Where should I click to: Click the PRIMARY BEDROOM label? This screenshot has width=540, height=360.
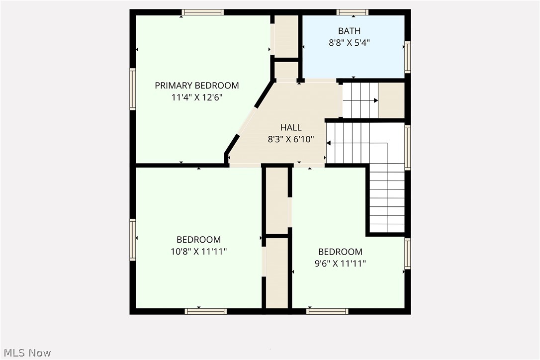[196, 86]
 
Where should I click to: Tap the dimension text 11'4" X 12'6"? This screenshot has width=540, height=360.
[196, 97]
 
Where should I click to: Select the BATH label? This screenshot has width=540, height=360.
[349, 31]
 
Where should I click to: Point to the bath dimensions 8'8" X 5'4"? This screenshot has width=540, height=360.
[349, 43]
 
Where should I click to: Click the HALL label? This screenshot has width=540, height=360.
[291, 128]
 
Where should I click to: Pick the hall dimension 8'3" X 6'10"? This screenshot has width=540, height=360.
[291, 140]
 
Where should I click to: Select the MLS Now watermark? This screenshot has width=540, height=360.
[26, 353]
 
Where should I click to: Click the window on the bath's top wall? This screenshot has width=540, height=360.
[352, 12]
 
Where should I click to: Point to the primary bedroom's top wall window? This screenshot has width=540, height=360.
[202, 12]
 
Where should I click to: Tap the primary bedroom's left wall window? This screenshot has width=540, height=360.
[133, 89]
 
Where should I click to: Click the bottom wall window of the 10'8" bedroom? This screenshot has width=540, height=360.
[205, 311]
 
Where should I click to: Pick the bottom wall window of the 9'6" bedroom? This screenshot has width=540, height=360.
[327, 311]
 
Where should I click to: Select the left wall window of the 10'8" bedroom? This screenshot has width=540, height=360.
[133, 239]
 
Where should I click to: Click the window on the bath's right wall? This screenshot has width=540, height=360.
[407, 57]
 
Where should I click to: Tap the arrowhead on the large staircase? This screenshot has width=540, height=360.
[328, 143]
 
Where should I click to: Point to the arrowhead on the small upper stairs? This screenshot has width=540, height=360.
[376, 101]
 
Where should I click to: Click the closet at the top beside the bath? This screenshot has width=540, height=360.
[286, 36]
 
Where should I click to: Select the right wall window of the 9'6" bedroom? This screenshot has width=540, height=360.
[407, 254]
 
